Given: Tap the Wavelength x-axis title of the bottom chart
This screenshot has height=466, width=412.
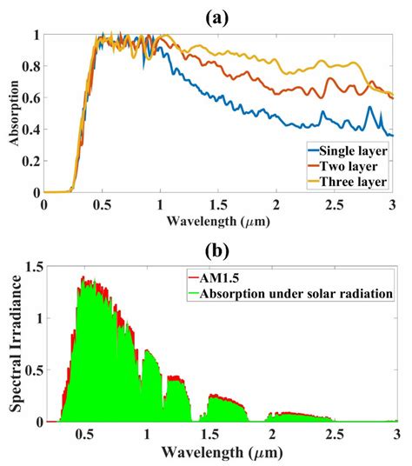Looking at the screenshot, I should tap(217, 454).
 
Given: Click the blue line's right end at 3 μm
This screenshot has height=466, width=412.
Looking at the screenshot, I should tap(393, 136).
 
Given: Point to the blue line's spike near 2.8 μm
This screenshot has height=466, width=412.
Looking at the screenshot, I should tap(369, 108).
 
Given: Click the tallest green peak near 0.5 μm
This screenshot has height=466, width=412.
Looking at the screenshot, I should tap(83, 279).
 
